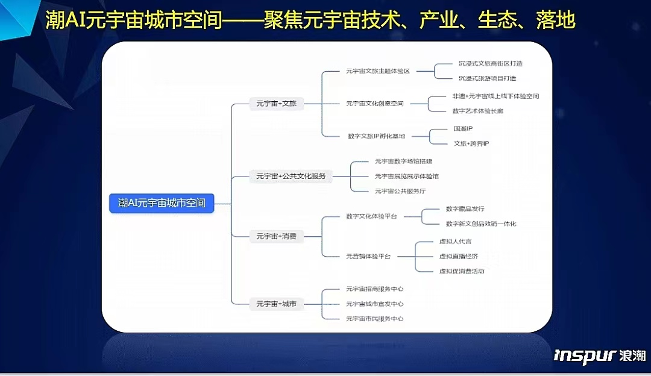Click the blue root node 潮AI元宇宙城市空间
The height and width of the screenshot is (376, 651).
tap(162, 203)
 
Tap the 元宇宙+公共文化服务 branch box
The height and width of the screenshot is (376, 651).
tap(291, 176)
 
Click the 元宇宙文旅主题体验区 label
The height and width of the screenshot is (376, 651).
tap(377, 71)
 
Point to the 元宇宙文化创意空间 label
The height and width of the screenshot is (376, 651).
tap(374, 104)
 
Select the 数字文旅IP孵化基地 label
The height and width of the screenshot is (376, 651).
tap(376, 136)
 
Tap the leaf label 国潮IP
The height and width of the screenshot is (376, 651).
tap(463, 129)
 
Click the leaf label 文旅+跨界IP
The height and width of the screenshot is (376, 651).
tap(471, 143)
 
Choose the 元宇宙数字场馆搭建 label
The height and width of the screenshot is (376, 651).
tap(403, 161)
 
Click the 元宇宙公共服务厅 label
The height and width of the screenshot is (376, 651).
tap(400, 191)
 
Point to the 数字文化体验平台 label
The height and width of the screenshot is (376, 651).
tap(371, 216)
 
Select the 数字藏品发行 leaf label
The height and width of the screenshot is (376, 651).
tap(465, 209)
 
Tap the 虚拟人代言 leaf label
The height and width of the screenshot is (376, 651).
tap(455, 242)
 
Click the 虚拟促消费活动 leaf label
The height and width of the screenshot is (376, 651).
tap(462, 271)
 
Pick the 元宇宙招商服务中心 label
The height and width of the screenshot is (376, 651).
tap(374, 289)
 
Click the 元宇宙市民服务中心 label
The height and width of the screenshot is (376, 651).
tap(374, 318)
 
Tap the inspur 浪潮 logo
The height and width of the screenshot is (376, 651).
tap(600, 355)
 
